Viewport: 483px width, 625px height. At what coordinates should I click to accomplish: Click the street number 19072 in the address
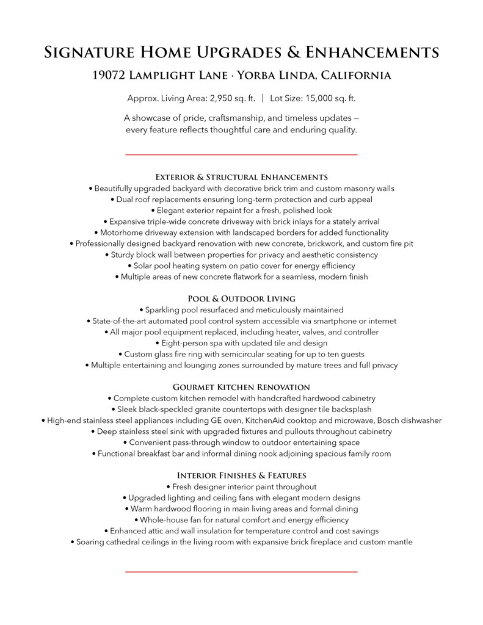[x=109, y=76]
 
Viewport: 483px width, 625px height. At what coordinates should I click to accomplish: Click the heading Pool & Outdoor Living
[x=241, y=298]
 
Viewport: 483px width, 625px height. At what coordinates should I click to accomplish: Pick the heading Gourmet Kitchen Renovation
[x=241, y=387]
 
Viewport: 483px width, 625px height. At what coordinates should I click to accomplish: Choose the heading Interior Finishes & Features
[x=241, y=475]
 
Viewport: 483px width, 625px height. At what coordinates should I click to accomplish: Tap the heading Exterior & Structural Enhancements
[x=241, y=176]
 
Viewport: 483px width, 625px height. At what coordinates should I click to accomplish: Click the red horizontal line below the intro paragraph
[x=241, y=155]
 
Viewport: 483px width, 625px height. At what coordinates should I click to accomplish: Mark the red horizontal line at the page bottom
[x=241, y=572]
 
